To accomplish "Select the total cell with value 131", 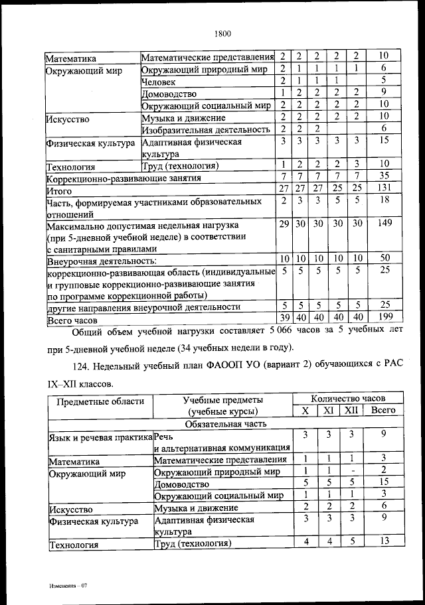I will pyautogui.click(x=384, y=189).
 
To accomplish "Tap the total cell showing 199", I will pyautogui.click(x=384, y=318).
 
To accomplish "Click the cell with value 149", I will pyautogui.click(x=384, y=224).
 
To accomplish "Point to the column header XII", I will pyautogui.click(x=349, y=411).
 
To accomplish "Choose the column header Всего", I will pyautogui.click(x=384, y=411).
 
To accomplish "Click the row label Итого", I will pyautogui.click(x=59, y=190).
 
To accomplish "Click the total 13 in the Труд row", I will pyautogui.click(x=384, y=542).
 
